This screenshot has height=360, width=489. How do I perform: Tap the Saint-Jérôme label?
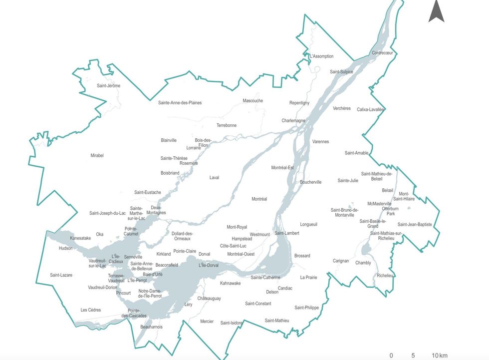click(108, 86)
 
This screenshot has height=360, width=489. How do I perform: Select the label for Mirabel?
click(97, 156)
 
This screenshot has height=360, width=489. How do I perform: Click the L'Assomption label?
click(321, 56)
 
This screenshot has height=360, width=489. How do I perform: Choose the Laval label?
click(214, 178)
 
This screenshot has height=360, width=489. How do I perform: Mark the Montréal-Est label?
click(282, 168)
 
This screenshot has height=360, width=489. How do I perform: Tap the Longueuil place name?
click(308, 225)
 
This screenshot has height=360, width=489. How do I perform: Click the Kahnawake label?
click(230, 283)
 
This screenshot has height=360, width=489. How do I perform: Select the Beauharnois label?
click(152, 327)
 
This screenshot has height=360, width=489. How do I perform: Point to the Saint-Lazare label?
click(61, 275)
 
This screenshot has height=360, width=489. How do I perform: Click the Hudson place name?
click(65, 248)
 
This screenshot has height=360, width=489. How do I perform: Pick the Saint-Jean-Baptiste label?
click(415, 225)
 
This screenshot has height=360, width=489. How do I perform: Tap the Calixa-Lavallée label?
click(370, 109)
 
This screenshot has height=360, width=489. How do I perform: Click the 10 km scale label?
click(439, 356)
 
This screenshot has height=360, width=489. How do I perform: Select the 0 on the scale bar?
click(391, 356)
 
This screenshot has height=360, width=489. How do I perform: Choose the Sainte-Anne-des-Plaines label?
click(180, 103)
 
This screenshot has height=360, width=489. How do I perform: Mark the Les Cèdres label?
click(91, 310)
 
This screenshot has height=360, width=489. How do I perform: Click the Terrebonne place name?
click(227, 125)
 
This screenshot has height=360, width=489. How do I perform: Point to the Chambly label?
click(363, 263)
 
